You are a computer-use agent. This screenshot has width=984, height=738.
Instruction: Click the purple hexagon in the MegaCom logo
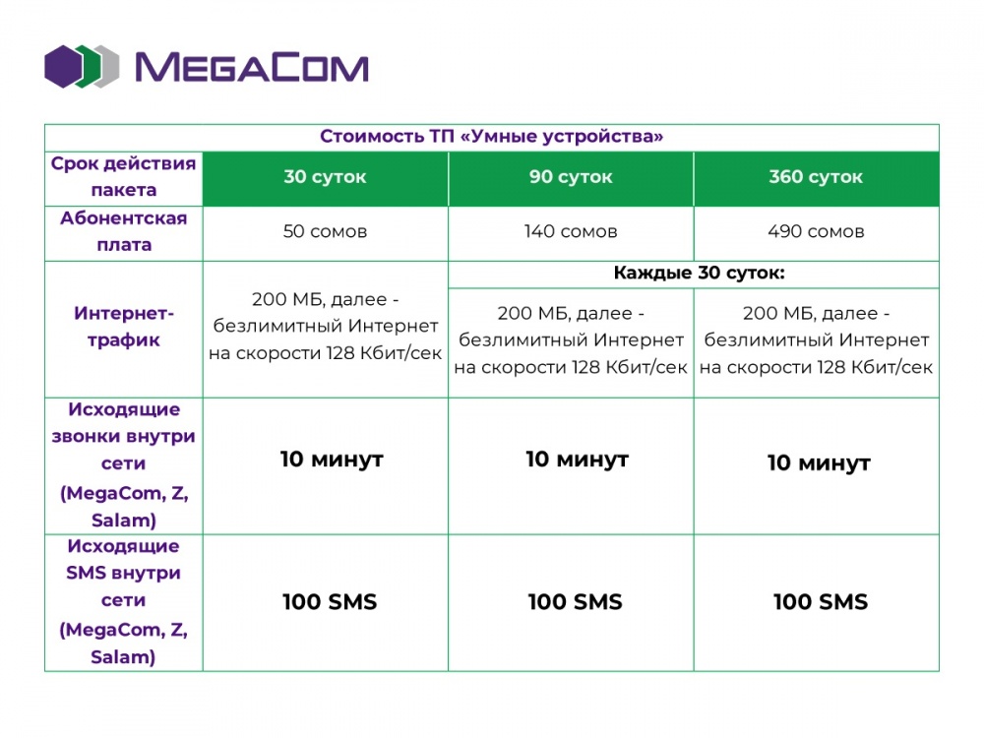[x=63, y=67]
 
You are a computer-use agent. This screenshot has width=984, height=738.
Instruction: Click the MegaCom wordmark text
[x=252, y=67]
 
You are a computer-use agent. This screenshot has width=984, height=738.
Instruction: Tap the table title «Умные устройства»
[x=491, y=136]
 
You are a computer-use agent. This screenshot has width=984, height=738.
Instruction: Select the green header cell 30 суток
[x=325, y=177]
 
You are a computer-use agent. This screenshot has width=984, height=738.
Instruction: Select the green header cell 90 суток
[x=571, y=177]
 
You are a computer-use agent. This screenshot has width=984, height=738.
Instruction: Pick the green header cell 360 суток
[x=816, y=177]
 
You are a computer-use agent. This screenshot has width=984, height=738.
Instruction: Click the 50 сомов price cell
[x=325, y=231]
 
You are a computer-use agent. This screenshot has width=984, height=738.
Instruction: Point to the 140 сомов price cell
[x=571, y=231]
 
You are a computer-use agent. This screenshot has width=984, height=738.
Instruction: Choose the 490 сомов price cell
[x=816, y=231]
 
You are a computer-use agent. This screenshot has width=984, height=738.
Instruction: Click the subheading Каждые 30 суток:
[x=699, y=273]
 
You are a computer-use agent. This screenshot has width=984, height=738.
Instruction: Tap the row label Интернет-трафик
[x=124, y=327]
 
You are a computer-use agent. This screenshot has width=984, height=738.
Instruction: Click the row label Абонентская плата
[x=124, y=231]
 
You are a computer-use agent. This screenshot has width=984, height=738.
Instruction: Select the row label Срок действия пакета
[x=124, y=176]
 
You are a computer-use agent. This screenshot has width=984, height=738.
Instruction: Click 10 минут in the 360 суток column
[x=819, y=463]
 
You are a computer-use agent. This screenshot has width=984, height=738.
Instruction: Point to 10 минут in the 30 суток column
[x=332, y=460]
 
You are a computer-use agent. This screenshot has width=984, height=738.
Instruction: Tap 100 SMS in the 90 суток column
[x=575, y=602]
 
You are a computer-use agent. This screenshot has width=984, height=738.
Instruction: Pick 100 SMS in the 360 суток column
[x=821, y=602]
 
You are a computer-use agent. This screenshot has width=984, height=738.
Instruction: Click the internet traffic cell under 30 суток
[x=325, y=327]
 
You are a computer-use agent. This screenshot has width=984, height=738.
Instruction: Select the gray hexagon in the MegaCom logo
[x=108, y=67]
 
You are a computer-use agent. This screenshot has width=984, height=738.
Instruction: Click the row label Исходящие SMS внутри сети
[x=124, y=601]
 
